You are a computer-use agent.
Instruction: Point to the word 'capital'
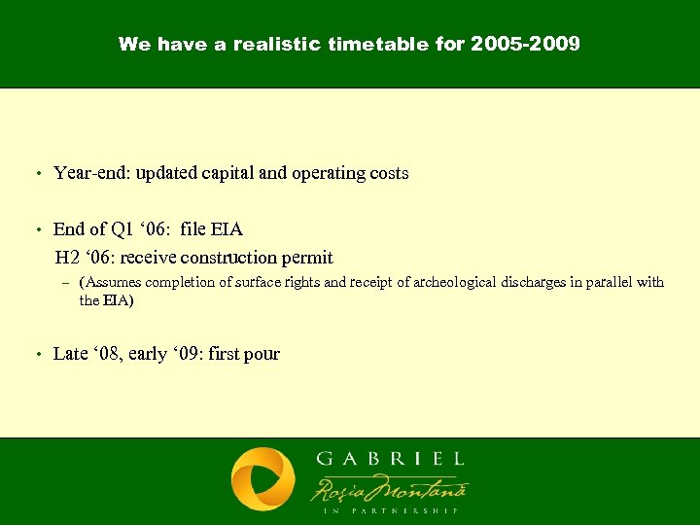click(x=230, y=173)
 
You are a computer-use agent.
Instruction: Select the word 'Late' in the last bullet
click(x=70, y=354)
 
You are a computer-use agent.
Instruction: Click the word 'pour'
click(x=262, y=355)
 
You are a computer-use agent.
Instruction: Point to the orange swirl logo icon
click(x=262, y=479)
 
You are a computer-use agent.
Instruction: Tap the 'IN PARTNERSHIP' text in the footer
click(x=389, y=509)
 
